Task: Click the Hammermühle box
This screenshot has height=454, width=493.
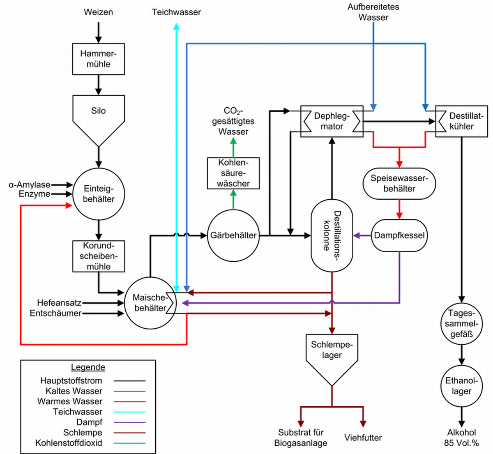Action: (x=98, y=59)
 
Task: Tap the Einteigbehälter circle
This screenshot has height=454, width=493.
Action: (x=98, y=194)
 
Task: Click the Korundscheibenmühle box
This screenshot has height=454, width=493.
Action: (x=98, y=256)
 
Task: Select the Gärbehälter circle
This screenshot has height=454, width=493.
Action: (x=233, y=235)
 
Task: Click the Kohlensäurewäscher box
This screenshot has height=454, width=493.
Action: (x=233, y=173)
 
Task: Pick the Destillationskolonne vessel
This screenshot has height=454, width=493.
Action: (x=332, y=235)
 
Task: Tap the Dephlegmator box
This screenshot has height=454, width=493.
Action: (x=332, y=122)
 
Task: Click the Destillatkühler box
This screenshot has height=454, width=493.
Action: (x=461, y=122)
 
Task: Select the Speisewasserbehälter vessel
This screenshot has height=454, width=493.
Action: (x=399, y=183)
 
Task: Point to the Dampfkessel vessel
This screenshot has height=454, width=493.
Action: (x=399, y=235)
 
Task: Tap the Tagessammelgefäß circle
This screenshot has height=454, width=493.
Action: (x=461, y=323)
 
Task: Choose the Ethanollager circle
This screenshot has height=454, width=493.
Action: (x=461, y=386)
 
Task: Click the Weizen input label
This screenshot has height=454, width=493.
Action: (x=98, y=12)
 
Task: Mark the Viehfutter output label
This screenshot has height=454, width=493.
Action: (x=363, y=438)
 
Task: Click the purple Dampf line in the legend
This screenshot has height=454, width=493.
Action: (x=129, y=422)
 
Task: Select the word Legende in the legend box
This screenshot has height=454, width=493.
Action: (x=88, y=367)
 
